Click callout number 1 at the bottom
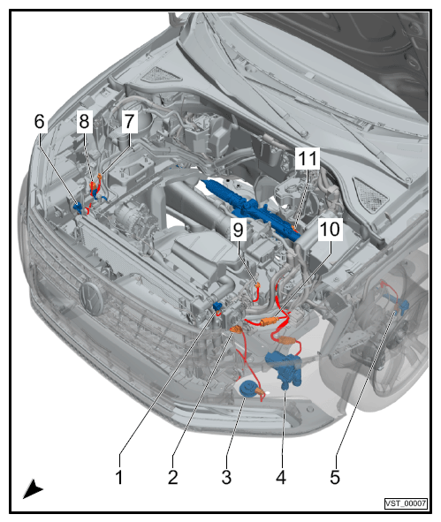[119, 477]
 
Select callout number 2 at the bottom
[173, 477]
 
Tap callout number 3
[226, 477]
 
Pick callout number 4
[281, 477]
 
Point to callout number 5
[335, 477]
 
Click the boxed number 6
[39, 121]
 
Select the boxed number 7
[129, 121]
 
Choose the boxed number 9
[238, 230]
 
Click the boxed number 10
[330, 229]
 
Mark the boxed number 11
[308, 158]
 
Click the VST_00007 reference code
[406, 503]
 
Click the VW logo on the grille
[91, 299]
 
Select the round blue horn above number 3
[247, 389]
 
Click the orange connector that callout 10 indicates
[269, 322]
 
